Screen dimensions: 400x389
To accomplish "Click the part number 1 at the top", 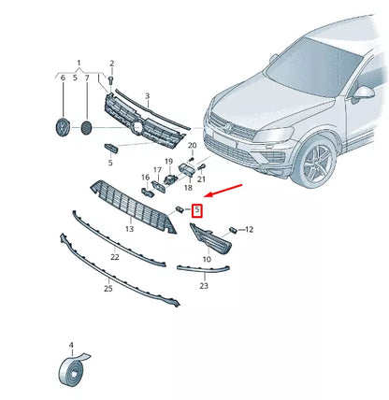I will [x=79, y=62].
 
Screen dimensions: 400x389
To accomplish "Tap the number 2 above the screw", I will [x=111, y=63].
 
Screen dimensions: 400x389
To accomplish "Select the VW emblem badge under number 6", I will [x=63, y=126].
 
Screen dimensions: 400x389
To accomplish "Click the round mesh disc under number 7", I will [x=87, y=125].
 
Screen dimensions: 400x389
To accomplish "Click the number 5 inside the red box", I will [x=196, y=210].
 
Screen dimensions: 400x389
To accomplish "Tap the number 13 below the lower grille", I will [x=130, y=228].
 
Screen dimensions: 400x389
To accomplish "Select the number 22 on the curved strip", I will [x=113, y=256].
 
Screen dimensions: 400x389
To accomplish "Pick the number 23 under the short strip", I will [x=204, y=286].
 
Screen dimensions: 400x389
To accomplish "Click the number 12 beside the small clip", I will [x=250, y=229].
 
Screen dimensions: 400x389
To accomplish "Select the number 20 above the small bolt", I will [x=191, y=146].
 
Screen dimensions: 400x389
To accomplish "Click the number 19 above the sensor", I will [x=169, y=161].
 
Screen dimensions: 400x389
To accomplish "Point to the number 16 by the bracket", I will [x=145, y=176].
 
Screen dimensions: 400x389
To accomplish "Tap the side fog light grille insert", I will [x=212, y=243].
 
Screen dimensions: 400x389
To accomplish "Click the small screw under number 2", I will [x=111, y=81].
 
